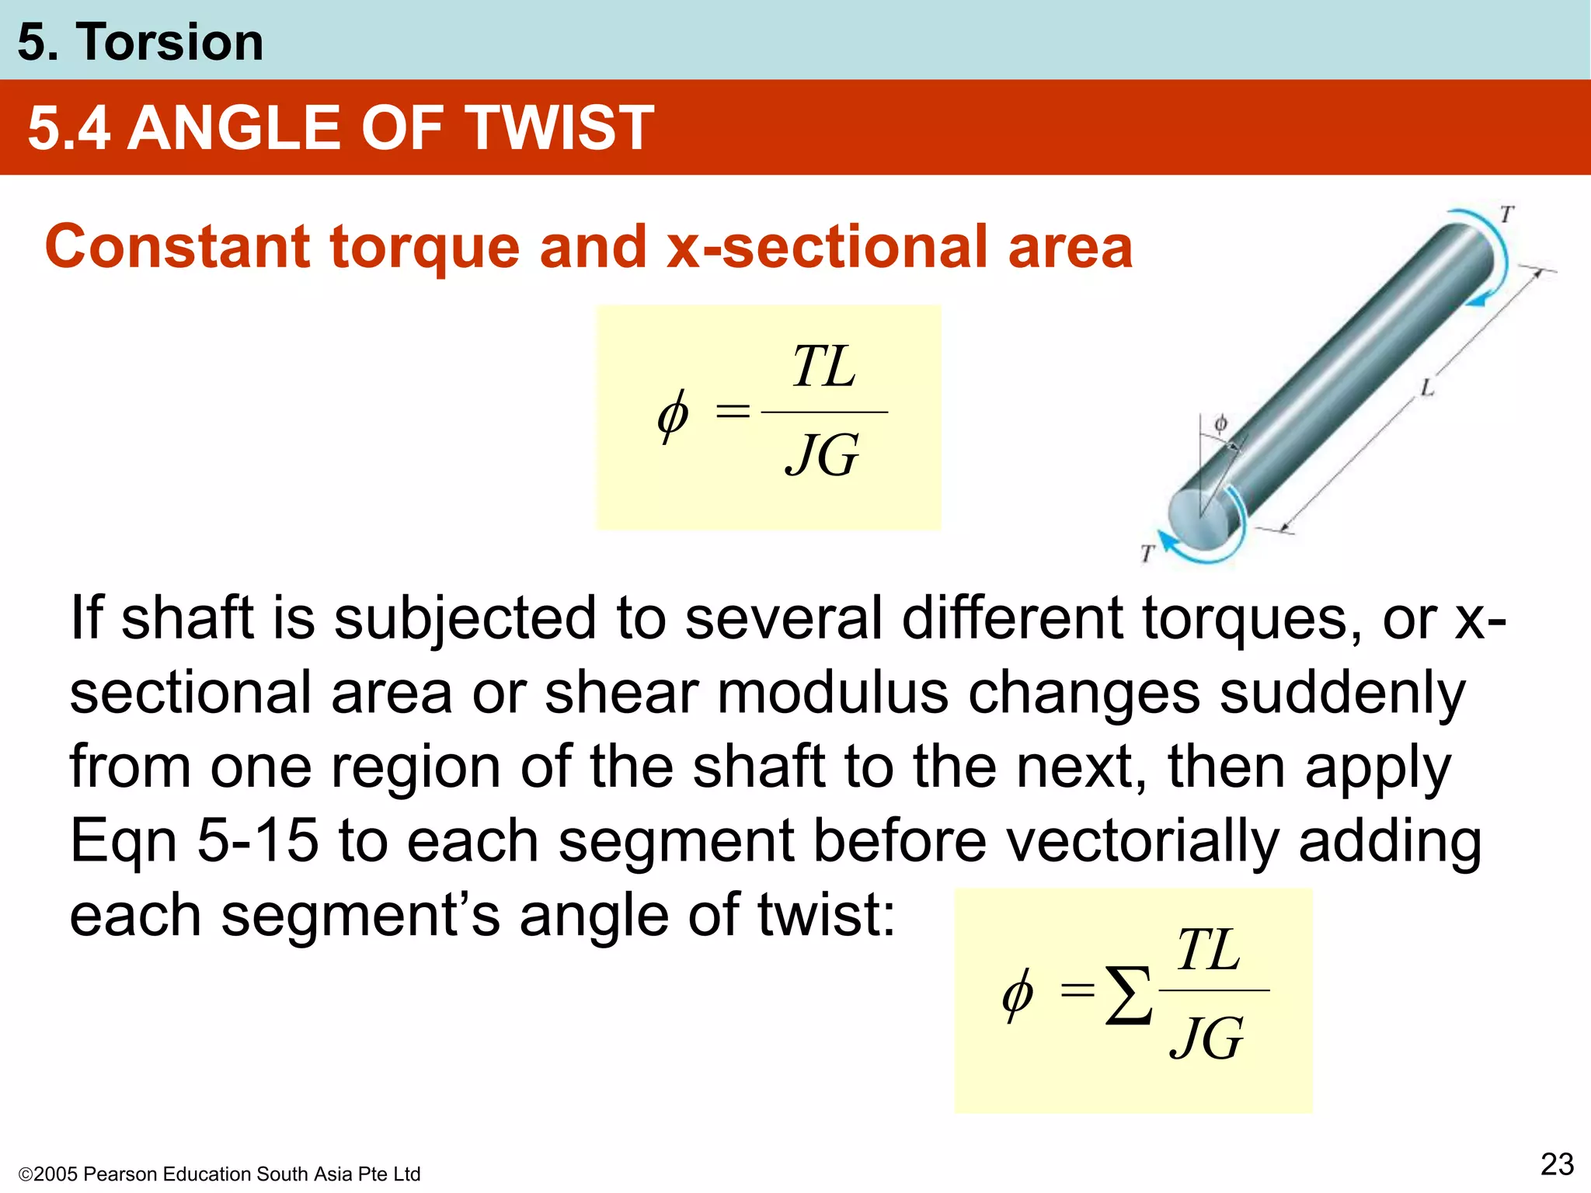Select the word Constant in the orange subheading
click(x=178, y=247)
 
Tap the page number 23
click(x=1557, y=1164)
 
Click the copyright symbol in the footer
click(x=25, y=1174)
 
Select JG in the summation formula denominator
click(x=1206, y=1038)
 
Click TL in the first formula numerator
click(x=823, y=367)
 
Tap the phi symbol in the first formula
click(x=672, y=415)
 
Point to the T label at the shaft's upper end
click(x=1507, y=214)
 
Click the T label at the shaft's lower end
click(x=1147, y=553)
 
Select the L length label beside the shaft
click(x=1427, y=388)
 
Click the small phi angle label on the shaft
click(x=1220, y=424)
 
